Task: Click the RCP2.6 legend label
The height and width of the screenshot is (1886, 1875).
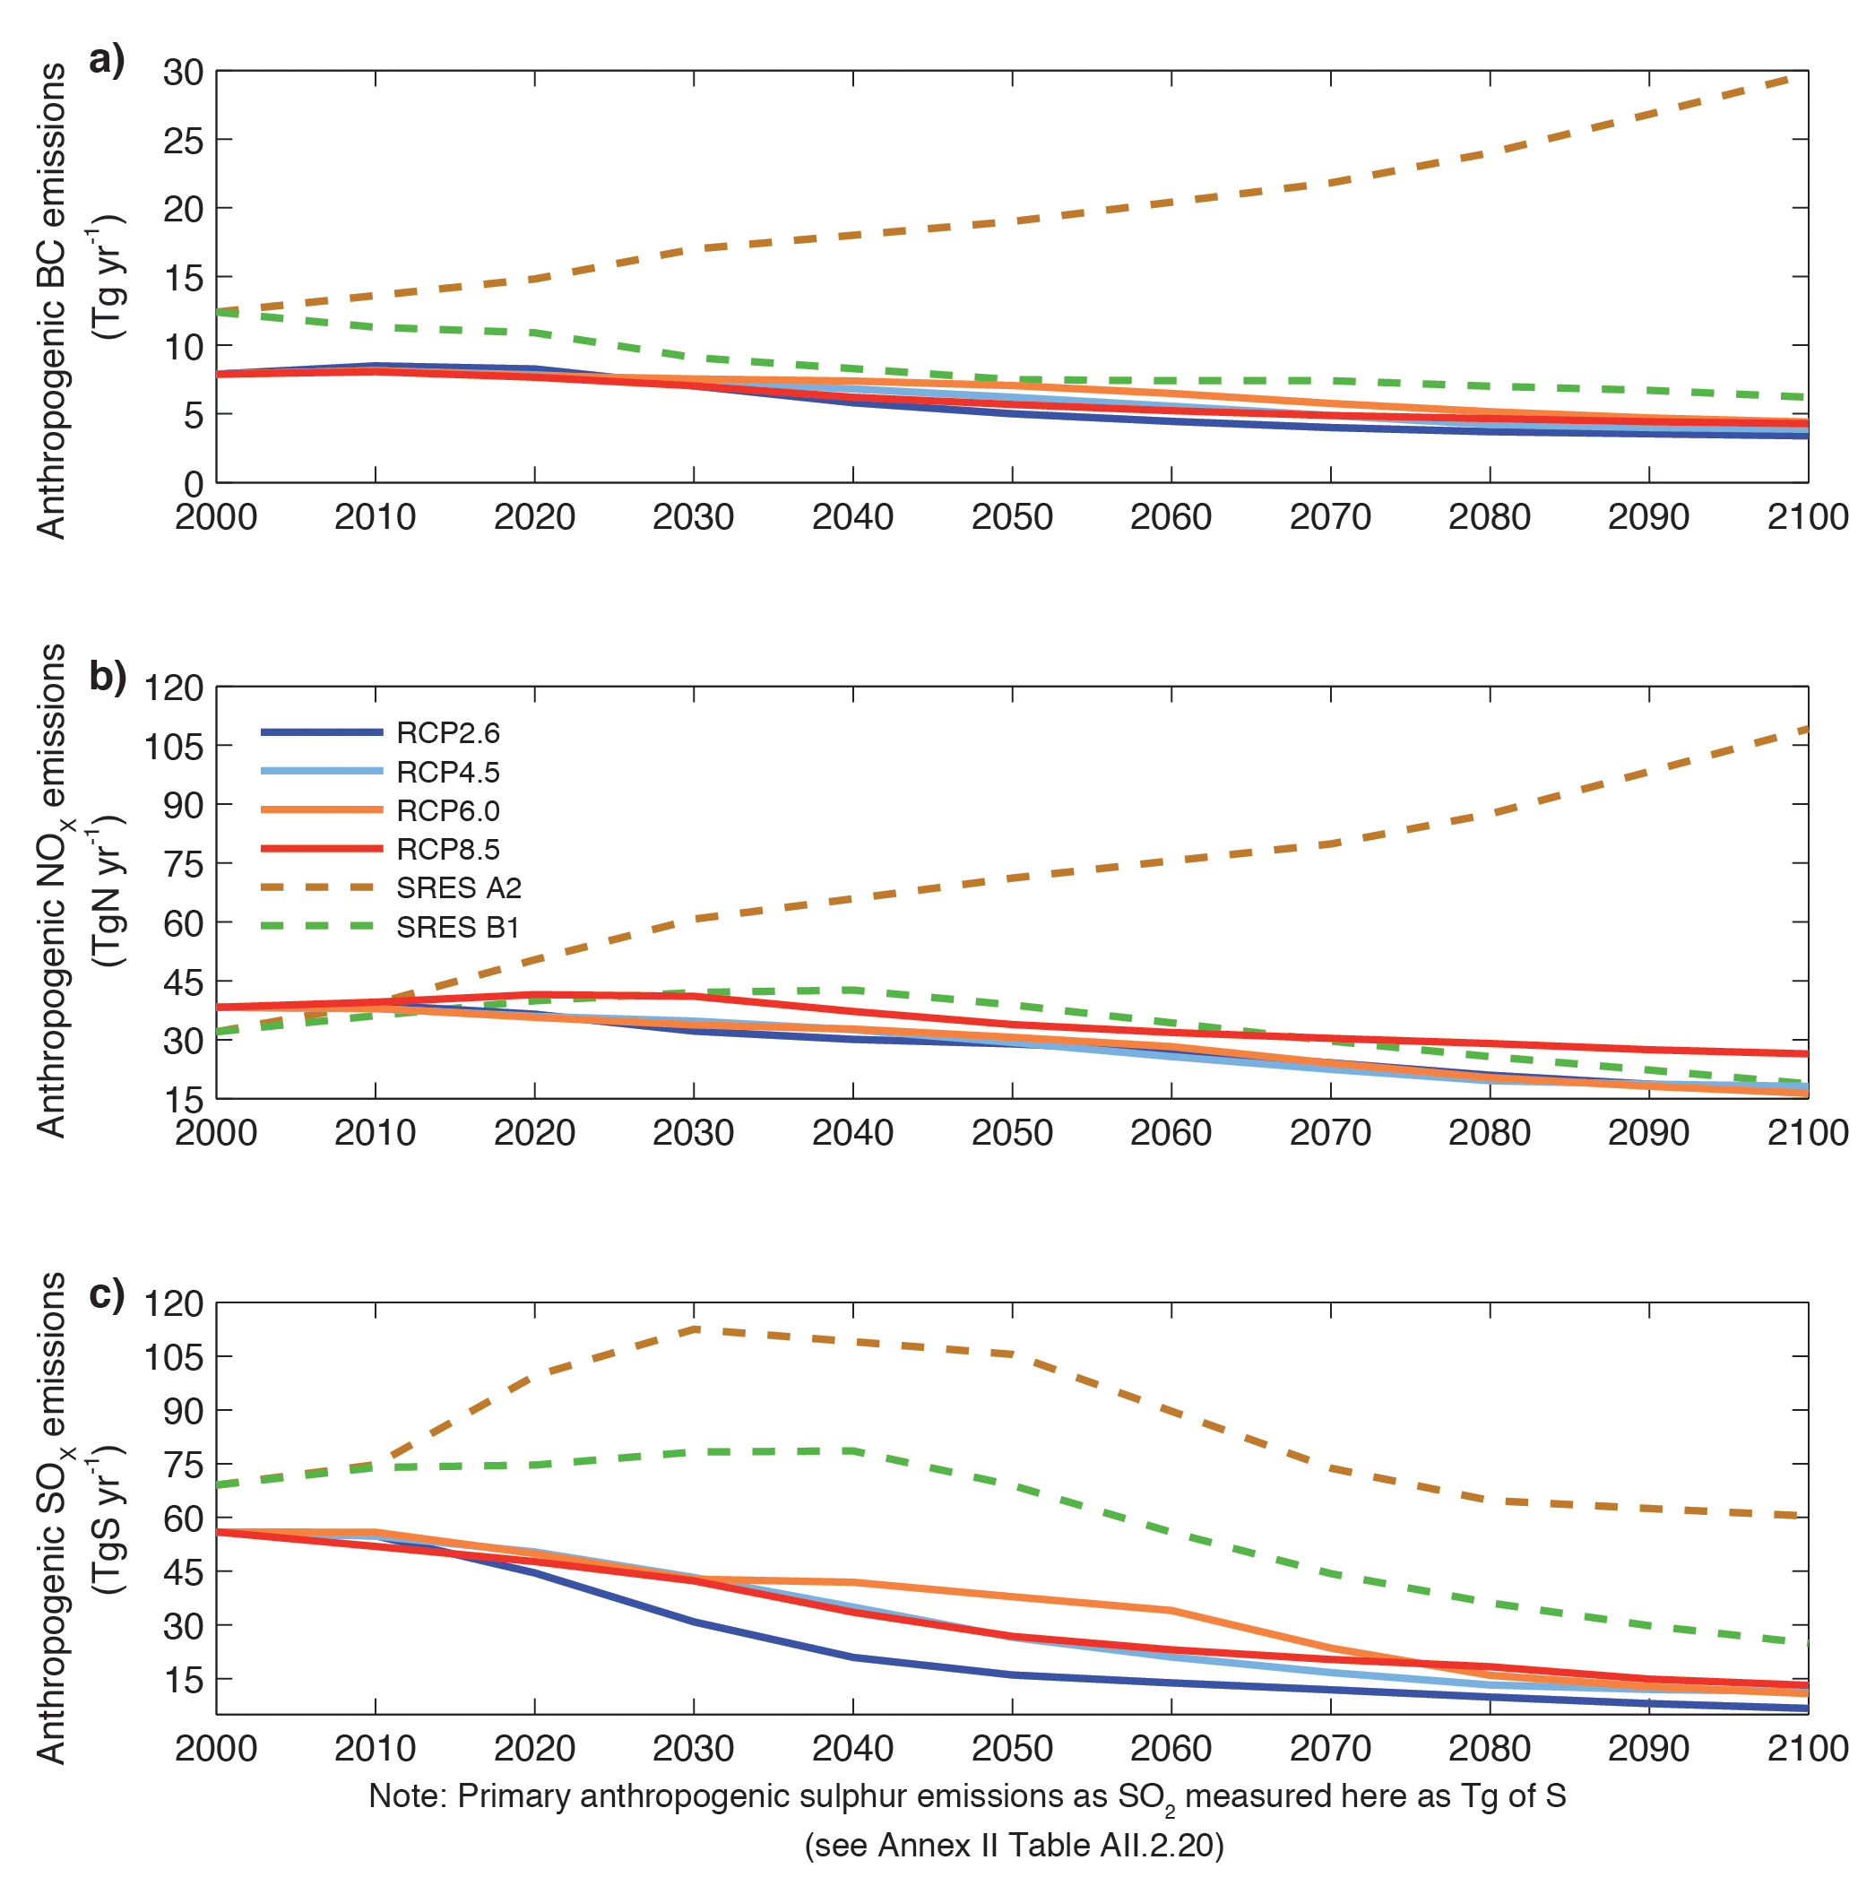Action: pos(447,733)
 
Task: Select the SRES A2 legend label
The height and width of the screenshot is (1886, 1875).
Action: pos(459,888)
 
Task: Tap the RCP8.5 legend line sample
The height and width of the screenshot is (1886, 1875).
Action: pos(321,849)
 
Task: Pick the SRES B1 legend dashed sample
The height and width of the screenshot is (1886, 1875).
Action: pos(321,926)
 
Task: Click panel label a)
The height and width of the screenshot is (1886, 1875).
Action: pos(107,61)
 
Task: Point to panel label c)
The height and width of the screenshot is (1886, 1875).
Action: pos(107,1294)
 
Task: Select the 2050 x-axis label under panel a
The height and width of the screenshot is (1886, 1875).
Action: pos(1011,517)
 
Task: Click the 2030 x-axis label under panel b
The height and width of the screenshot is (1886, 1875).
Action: pos(693,1133)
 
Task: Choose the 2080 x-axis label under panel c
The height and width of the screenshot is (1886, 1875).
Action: pos(1489,1748)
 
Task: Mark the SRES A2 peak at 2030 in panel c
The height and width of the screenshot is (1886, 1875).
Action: pos(694,1328)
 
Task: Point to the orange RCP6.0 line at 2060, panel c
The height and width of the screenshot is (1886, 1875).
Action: pos(1171,1610)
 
